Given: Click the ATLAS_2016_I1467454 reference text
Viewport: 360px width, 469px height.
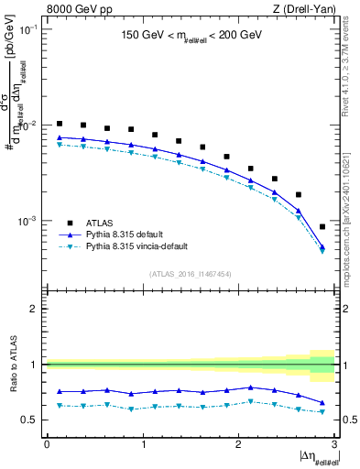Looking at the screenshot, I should (x=190, y=274).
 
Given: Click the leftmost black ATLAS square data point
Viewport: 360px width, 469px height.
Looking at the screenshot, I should (x=60, y=124).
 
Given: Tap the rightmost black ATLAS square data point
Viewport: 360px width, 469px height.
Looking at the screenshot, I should (x=322, y=226).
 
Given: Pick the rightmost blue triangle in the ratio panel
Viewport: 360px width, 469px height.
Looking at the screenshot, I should (x=322, y=403).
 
